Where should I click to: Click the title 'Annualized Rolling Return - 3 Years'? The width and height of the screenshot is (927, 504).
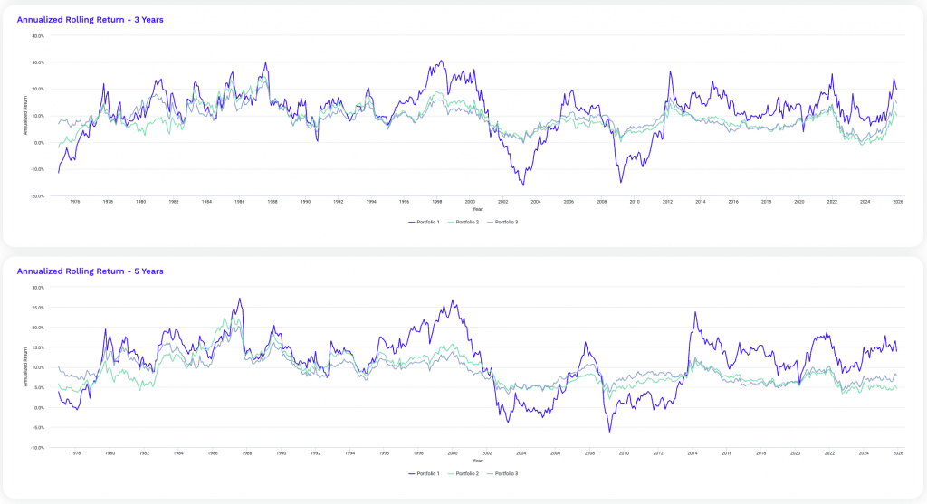coord(90,19)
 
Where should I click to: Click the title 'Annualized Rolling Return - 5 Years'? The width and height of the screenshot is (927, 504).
coord(90,271)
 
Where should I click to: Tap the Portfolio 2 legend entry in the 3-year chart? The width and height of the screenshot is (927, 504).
coord(469,222)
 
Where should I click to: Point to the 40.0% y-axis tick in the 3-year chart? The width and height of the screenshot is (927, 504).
coord(39,36)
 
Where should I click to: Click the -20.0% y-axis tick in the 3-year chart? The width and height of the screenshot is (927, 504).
coord(38,195)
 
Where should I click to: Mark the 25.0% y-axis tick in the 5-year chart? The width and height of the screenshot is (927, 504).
coord(39,308)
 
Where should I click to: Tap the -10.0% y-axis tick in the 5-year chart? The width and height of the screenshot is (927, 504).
coord(38,447)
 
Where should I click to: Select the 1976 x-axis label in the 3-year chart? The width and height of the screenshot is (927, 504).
coord(75,202)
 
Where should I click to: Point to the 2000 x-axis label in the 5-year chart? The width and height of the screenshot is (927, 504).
coord(453,453)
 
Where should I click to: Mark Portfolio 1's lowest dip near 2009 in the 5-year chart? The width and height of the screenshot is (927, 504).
coord(609,432)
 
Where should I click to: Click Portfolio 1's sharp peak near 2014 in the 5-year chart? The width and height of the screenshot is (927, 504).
coord(695,312)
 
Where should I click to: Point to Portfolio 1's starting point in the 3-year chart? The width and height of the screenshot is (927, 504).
coord(59,172)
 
